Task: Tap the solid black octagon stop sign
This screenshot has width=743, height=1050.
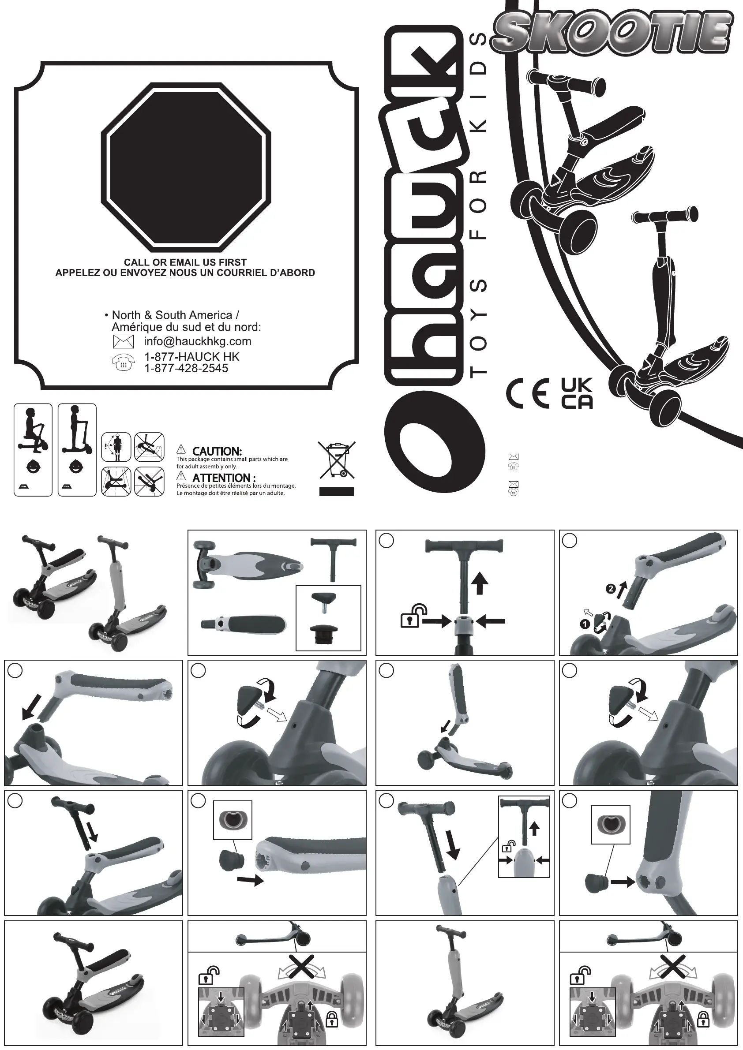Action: point(186,165)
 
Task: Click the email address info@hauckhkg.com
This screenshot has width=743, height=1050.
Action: point(197,341)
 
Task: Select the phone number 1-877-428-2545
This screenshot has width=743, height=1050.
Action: point(186,368)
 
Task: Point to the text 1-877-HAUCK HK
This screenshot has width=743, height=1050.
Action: point(191,357)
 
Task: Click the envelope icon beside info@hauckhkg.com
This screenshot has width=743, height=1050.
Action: point(123,342)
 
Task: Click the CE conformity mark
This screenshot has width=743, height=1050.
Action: point(529,393)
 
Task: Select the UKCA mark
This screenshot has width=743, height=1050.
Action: point(577,393)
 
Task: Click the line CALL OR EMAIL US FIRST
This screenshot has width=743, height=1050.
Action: point(185,262)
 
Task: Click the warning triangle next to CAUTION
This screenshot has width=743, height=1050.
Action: point(181,449)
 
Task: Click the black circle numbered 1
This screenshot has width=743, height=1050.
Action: point(584,623)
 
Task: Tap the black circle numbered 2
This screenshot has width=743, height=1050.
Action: point(610,589)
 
